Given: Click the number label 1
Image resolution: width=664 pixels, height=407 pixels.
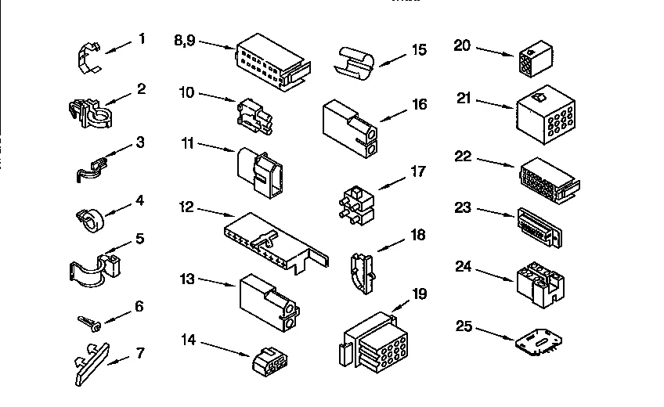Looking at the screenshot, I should click(142, 38).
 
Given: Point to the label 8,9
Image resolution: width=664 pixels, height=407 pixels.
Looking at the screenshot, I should click(185, 40).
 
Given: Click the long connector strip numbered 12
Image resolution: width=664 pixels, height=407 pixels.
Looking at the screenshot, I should click(271, 238).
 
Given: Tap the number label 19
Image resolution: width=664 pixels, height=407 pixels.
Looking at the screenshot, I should click(420, 294).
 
